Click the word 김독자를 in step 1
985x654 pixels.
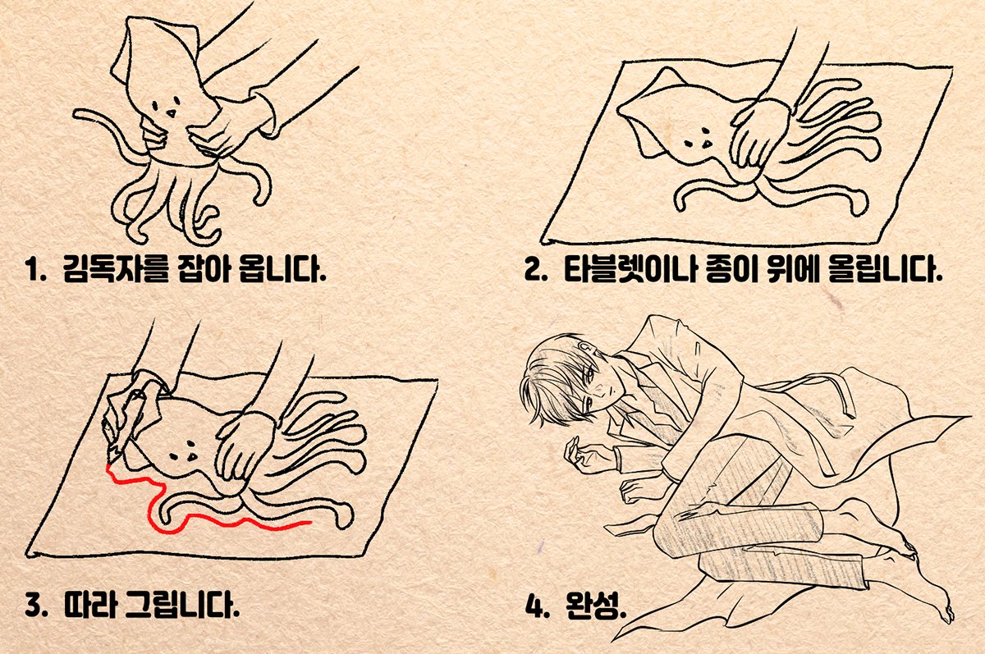tap(116, 268)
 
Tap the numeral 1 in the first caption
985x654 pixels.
tap(32, 269)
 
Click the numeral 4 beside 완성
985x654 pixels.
tap(534, 606)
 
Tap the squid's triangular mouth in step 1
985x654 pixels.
tap(171, 114)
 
